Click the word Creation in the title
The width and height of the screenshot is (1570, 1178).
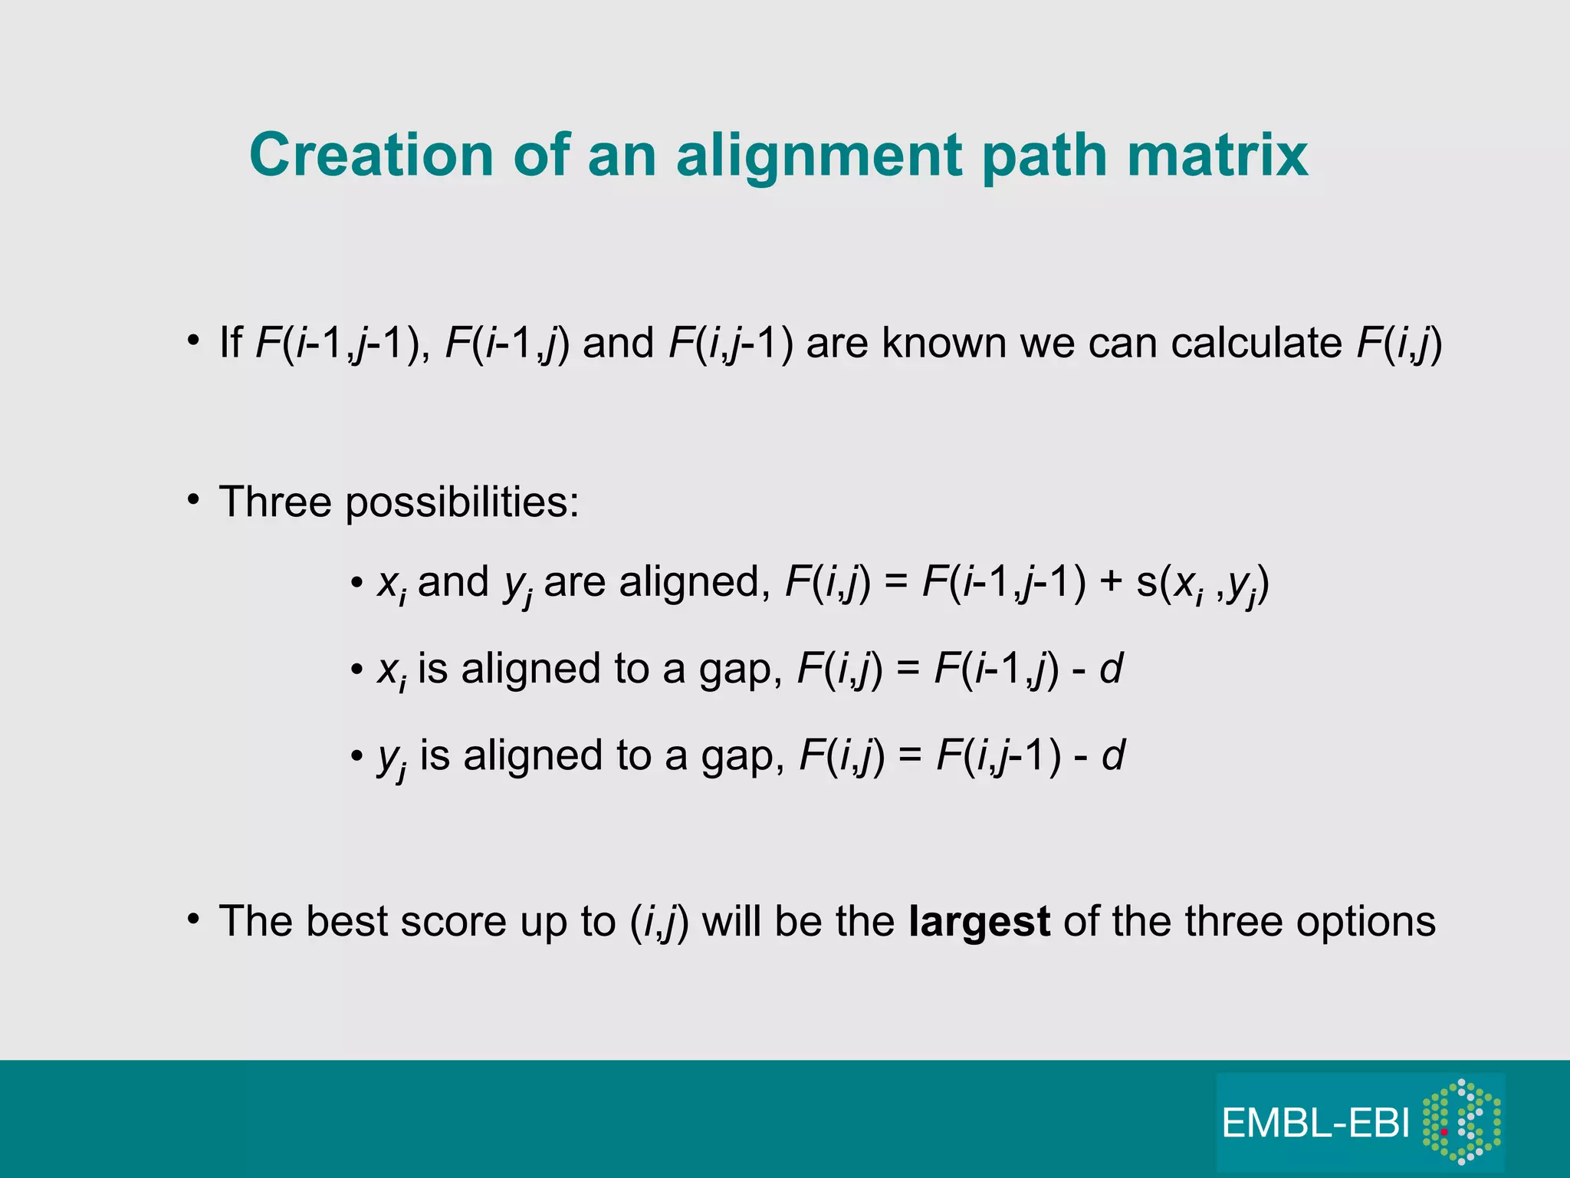click(x=372, y=155)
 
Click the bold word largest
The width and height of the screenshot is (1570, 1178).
click(x=979, y=922)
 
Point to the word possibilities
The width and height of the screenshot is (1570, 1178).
click(x=462, y=503)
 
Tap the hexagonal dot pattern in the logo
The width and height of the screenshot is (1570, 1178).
click(x=1462, y=1121)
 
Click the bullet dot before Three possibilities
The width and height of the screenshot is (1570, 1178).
click(x=194, y=501)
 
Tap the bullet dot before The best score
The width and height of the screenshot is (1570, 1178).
click(x=194, y=920)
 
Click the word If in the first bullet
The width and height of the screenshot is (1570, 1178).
click(x=231, y=343)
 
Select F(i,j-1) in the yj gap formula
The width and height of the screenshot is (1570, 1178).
click(x=999, y=757)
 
